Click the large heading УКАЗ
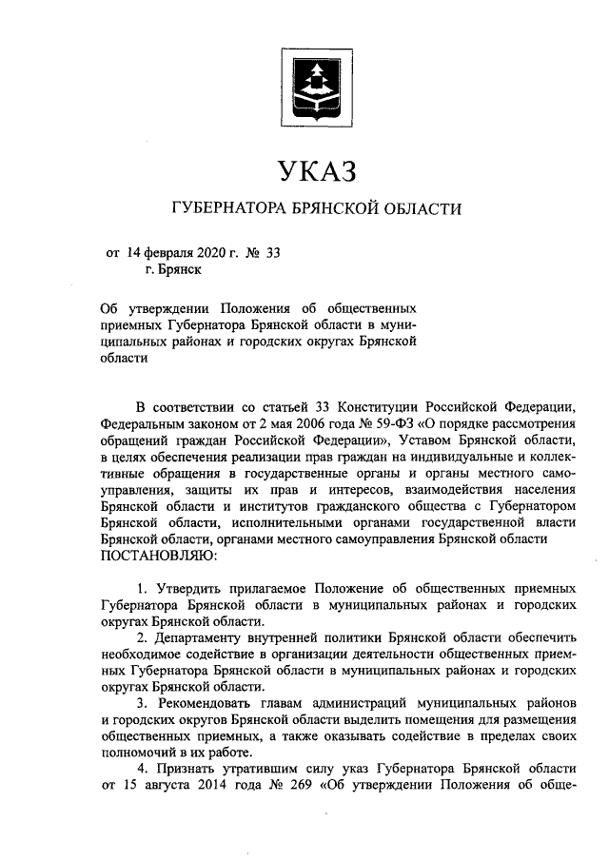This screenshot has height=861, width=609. coord(315,172)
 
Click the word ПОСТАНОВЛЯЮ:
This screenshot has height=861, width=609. coord(158,554)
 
